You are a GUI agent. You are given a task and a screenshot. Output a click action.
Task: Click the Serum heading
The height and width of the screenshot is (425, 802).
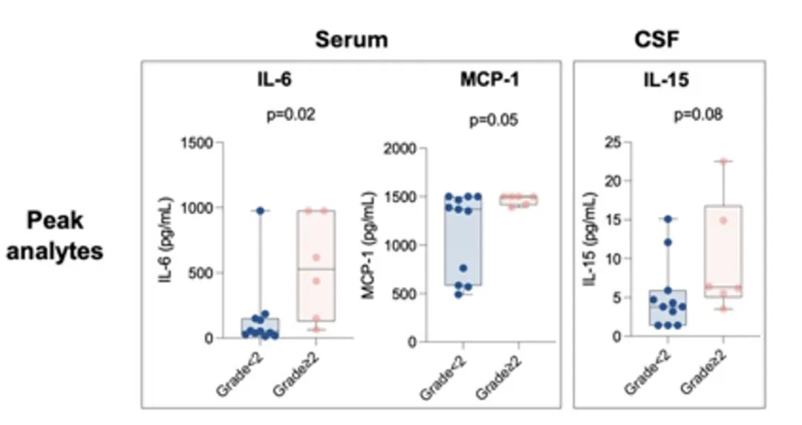coord(351,39)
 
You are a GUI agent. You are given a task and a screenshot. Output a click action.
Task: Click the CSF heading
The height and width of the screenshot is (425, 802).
coord(656,39)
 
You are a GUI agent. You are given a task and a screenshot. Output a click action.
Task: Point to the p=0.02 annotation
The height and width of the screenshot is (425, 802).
coord(291,115)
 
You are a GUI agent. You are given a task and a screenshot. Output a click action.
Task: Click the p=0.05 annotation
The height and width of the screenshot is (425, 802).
coord(493,120)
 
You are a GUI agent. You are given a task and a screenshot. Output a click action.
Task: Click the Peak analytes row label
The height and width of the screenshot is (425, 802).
coord(55,236)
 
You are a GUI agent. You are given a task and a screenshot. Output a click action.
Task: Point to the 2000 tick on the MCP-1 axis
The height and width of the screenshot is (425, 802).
coord(402,149)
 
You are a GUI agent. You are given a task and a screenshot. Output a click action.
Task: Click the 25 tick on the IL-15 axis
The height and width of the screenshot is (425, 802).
coord(614,141)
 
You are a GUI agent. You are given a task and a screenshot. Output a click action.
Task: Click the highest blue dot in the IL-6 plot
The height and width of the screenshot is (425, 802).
coord(260,211)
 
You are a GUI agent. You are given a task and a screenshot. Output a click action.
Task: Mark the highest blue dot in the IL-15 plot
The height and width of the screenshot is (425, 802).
coord(668,219)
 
